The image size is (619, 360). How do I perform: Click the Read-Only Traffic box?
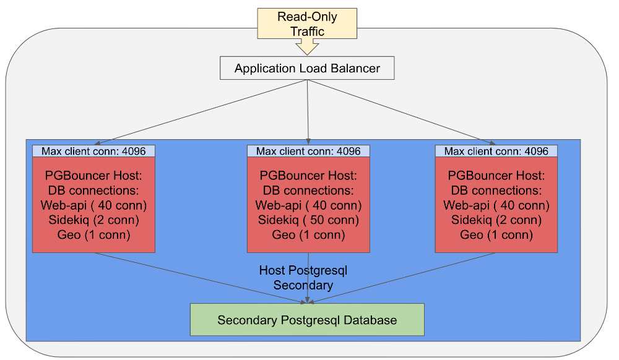point(307,24)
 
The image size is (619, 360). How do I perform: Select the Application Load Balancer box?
point(307,68)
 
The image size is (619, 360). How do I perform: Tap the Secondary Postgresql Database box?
point(307,320)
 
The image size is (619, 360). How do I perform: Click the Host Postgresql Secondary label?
point(303,278)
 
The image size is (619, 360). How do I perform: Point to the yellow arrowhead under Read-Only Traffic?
point(307,47)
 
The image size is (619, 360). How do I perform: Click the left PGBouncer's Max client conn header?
point(93,151)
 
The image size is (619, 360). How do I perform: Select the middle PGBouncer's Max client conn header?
point(308,151)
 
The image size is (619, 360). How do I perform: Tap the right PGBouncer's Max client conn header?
point(496,151)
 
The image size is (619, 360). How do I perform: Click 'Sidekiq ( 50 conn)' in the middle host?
point(308,220)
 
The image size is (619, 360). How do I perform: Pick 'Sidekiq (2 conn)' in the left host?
point(93,220)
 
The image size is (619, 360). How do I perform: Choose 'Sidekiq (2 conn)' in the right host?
point(496,220)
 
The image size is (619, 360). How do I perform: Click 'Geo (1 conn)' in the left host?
point(93,235)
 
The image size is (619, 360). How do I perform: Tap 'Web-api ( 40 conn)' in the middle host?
point(308,205)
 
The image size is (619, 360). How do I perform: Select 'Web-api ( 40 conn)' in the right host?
point(496,205)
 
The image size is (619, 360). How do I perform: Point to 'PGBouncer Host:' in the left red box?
point(93,176)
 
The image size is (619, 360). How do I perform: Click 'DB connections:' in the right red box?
point(496,191)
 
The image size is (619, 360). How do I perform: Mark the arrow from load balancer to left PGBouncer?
point(201,113)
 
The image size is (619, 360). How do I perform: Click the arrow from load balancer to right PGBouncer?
point(402,113)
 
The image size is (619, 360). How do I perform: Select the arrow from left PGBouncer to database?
point(201,278)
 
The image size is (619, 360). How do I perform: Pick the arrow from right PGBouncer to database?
point(402,278)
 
